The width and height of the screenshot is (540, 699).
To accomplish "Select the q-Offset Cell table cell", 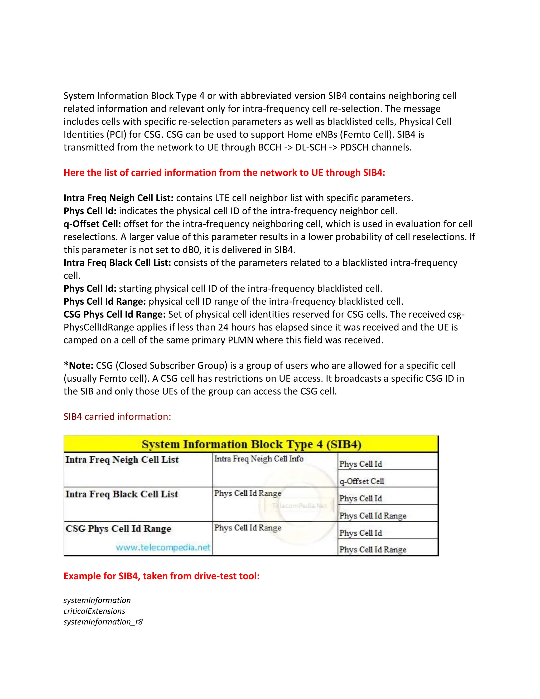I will (361, 481).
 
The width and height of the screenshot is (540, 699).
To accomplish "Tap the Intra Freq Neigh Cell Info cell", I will (258, 459).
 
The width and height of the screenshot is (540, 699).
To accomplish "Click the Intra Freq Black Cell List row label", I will (122, 494).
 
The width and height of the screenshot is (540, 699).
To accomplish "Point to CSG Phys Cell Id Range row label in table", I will (118, 528).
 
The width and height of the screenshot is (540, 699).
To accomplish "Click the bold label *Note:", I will (78, 366).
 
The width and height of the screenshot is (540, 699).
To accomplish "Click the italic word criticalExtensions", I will (94, 611).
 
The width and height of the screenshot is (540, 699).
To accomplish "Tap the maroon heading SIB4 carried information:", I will (117, 416).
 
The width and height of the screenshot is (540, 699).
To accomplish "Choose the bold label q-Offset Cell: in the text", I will (92, 224).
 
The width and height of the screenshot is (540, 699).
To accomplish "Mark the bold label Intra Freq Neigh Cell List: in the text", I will (118, 198).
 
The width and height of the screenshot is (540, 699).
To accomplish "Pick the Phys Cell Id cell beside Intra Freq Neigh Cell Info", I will (360, 464).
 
